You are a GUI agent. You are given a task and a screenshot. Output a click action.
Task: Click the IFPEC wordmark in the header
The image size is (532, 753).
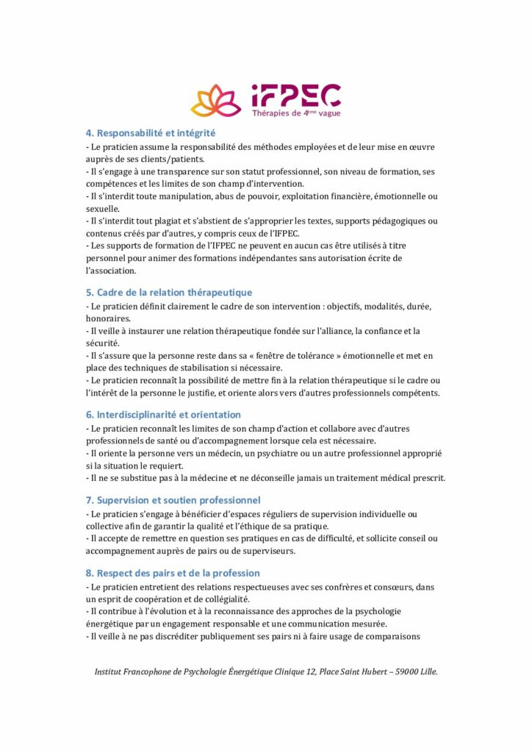pyautogui.click(x=295, y=95)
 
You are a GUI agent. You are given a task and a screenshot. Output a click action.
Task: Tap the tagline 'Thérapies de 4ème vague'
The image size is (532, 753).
pyautogui.click(x=296, y=113)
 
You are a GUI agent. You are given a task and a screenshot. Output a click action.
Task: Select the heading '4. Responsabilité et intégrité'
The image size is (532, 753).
pyautogui.click(x=151, y=133)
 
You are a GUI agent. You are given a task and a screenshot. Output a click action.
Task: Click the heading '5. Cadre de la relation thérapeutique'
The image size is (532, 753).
pyautogui.click(x=169, y=292)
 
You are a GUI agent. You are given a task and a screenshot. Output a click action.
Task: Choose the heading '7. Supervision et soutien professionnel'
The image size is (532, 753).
pyautogui.click(x=173, y=500)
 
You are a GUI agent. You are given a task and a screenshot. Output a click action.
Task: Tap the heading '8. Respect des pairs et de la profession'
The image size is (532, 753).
pyautogui.click(x=173, y=573)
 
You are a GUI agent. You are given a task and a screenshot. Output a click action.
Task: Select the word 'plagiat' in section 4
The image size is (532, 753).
pyautogui.click(x=166, y=221)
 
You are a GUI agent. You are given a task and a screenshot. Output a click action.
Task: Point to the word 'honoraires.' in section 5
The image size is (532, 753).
pyautogui.click(x=109, y=318)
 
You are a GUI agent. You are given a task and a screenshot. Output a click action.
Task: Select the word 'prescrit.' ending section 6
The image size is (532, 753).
pyautogui.click(x=425, y=479)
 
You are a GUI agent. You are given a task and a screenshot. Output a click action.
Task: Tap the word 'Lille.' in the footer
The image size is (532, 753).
pyautogui.click(x=428, y=671)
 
